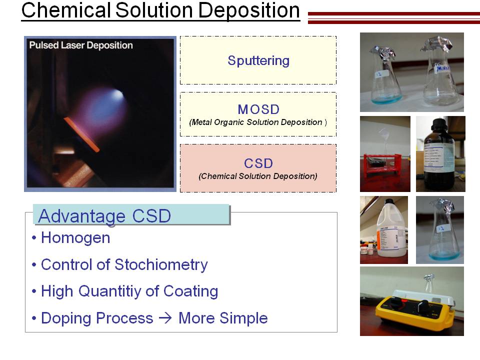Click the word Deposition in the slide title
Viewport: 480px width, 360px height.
249,10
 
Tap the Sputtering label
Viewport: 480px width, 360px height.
258,60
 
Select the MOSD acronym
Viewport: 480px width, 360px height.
258,109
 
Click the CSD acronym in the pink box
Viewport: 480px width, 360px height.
258,163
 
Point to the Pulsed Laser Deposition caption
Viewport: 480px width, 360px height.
81,45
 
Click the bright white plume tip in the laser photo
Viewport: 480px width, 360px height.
118,94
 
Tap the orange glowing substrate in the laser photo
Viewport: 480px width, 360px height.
81,134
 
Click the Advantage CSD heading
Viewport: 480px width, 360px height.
104,216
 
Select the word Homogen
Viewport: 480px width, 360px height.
75,238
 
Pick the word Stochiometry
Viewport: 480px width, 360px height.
161,265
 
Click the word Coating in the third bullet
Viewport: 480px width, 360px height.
190,291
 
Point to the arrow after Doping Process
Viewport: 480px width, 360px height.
165,318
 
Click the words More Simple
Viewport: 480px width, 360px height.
223,318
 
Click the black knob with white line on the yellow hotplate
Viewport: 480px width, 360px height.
423,305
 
